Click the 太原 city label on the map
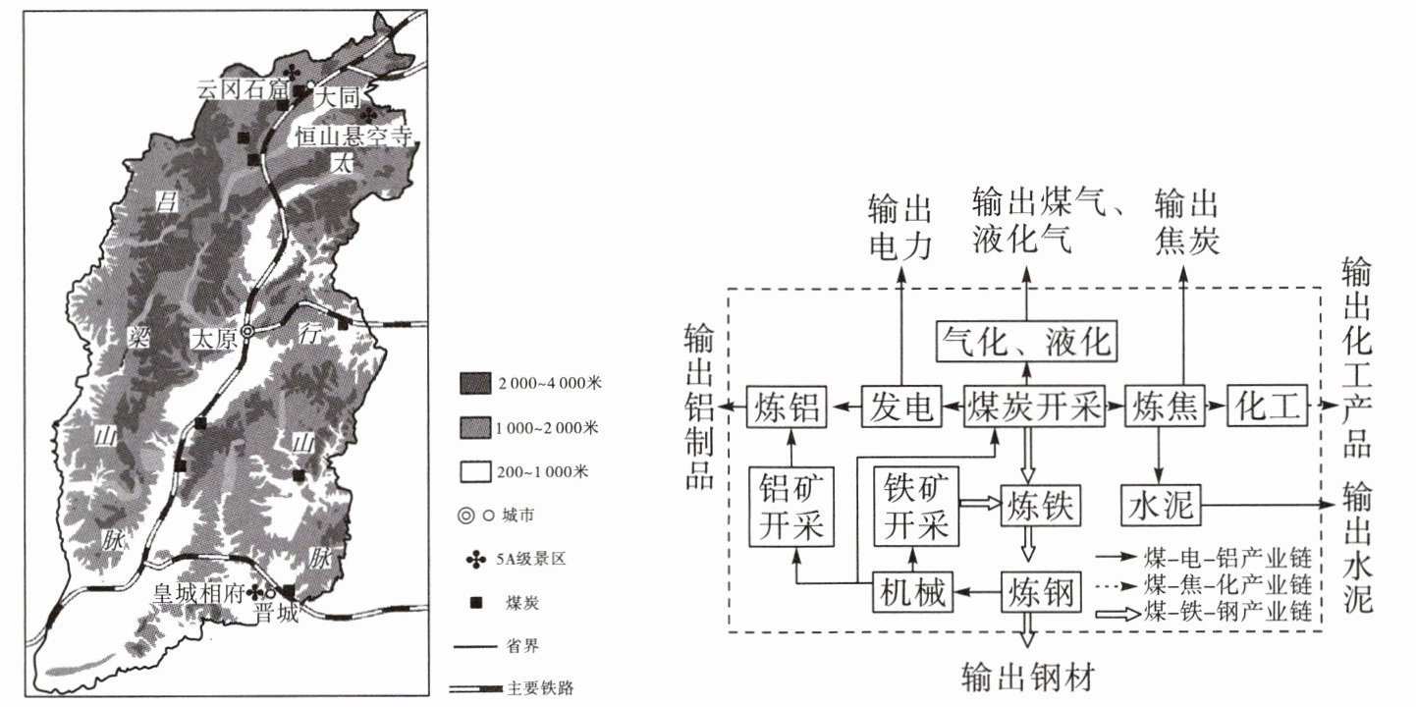click(214, 336)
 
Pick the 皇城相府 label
click(197, 592)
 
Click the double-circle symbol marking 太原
click(248, 333)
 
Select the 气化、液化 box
click(1026, 341)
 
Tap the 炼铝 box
click(787, 406)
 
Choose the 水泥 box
click(1161, 506)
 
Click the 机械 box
click(912, 592)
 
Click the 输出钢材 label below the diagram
click(1028, 678)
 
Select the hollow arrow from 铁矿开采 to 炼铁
click(977, 502)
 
